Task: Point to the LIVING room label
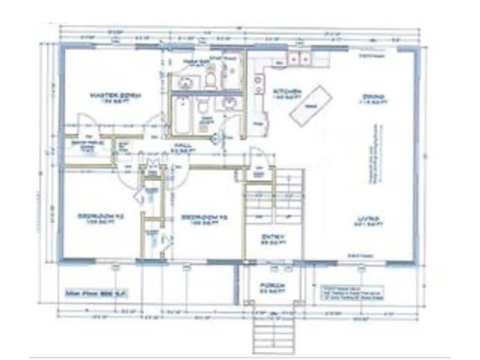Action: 369,219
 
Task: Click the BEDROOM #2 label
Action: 100,217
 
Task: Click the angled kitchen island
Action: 310,105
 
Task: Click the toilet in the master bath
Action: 210,80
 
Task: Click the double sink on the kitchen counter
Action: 299,59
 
